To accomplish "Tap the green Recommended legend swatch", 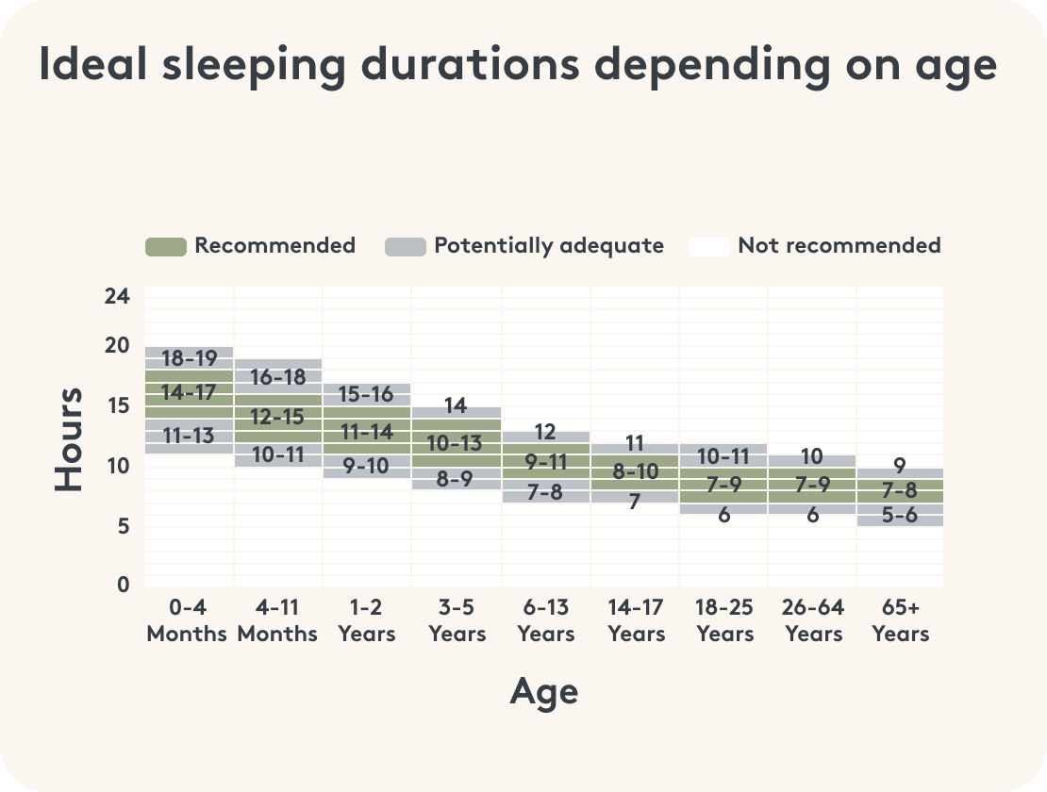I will pyautogui.click(x=165, y=247).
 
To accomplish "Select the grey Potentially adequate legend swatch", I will pyautogui.click(x=405, y=247).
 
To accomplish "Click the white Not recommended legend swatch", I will pyautogui.click(x=708, y=247).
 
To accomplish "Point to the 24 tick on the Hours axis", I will pyautogui.click(x=117, y=296).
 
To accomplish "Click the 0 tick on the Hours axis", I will pyautogui.click(x=124, y=585).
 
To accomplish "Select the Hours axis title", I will pyautogui.click(x=69, y=439).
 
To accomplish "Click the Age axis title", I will pyautogui.click(x=543, y=692).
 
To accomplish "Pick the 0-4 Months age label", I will pyautogui.click(x=187, y=620).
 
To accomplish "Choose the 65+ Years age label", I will pyautogui.click(x=900, y=620).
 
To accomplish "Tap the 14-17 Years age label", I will pyautogui.click(x=636, y=620).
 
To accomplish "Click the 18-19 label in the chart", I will pyautogui.click(x=189, y=358).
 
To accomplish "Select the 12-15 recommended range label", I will pyautogui.click(x=277, y=415).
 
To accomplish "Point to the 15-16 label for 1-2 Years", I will pyautogui.click(x=367, y=394).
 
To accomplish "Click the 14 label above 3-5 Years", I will pyautogui.click(x=456, y=406).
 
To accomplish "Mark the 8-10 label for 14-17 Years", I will pyautogui.click(x=635, y=472).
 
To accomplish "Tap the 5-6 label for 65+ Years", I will pyautogui.click(x=899, y=515).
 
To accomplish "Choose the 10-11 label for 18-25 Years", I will pyautogui.click(x=723, y=456).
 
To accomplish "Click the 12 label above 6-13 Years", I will pyautogui.click(x=545, y=432).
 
